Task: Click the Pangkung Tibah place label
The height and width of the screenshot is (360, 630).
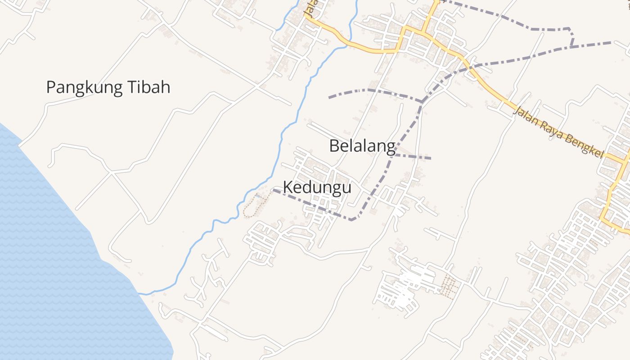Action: pos(108,87)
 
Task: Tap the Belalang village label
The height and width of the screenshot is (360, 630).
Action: pos(362,146)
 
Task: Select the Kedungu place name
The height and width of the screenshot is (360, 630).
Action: pos(317,187)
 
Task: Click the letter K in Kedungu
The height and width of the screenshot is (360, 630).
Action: pos(288,187)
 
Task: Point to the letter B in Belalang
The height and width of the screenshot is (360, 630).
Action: pos(334,146)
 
